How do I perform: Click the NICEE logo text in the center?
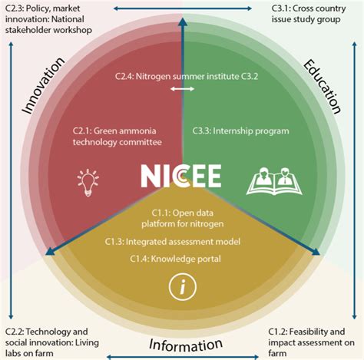point(180,176)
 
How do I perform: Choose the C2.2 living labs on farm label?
point(50,342)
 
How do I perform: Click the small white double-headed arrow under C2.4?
point(183,89)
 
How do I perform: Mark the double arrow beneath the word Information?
point(181,355)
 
